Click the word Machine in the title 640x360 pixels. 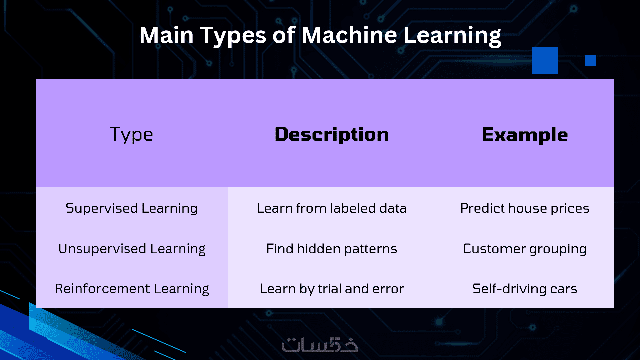pos(349,35)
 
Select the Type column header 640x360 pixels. pos(131,134)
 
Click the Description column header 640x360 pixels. pos(332,134)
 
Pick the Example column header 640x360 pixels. pos(525,135)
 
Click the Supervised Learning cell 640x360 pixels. pos(132,208)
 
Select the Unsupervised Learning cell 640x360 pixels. pos(132,249)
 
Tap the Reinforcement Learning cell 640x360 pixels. pos(132,289)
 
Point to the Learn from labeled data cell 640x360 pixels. pos(332,208)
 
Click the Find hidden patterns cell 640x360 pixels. pos(332,249)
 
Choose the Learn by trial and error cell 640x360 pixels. pos(332,289)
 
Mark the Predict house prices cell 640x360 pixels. pos(525,208)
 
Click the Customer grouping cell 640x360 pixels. pos(525,249)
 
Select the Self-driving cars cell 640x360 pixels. pos(525,289)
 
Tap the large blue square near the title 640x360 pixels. pos(545,60)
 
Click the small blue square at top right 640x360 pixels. pos(591,61)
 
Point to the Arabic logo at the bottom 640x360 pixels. pos(320,345)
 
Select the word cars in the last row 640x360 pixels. pos(564,289)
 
